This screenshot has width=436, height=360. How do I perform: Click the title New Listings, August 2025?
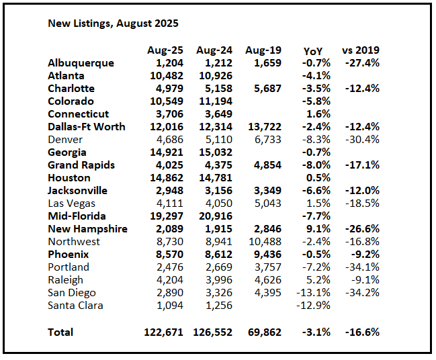coord(113,24)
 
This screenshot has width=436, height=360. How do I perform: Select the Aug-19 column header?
coord(263,50)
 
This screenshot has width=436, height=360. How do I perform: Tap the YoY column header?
coord(312,50)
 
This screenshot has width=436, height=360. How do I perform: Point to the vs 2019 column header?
coord(361,50)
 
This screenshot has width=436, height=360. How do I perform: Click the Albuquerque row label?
coord(81,63)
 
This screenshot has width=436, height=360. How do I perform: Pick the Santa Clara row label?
coord(76,306)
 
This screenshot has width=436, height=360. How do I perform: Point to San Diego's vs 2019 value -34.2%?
coord(362,293)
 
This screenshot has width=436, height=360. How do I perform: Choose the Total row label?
coord(61,332)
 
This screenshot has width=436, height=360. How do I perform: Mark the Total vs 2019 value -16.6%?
coord(362,332)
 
